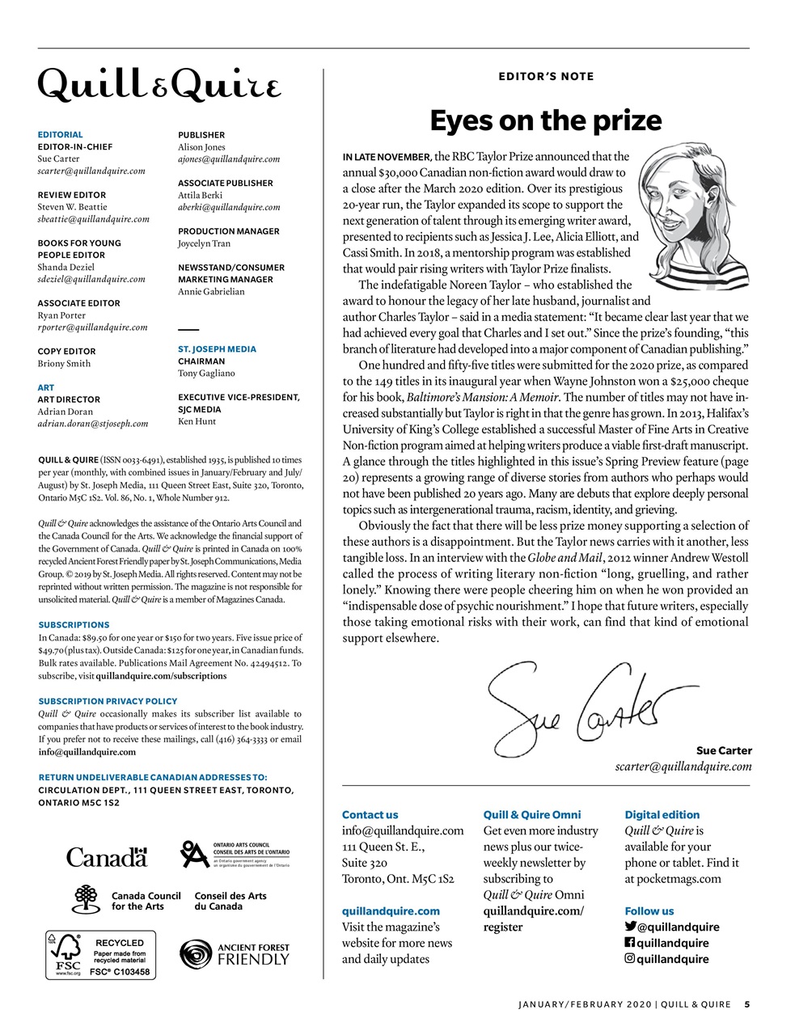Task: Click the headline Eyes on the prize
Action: pyautogui.click(x=546, y=120)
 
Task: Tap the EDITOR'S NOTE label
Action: pyautogui.click(x=546, y=77)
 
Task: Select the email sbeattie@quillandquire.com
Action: pyautogui.click(x=93, y=219)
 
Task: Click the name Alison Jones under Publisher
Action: pyautogui.click(x=201, y=147)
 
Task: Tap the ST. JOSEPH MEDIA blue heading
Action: pyautogui.click(x=217, y=349)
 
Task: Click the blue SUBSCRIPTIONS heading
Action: pyautogui.click(x=74, y=625)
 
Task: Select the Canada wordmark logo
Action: pyautogui.click(x=107, y=857)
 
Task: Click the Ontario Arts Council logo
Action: pyautogui.click(x=235, y=854)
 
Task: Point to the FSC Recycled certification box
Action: pyautogui.click(x=100, y=955)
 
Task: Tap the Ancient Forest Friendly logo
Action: pyautogui.click(x=235, y=954)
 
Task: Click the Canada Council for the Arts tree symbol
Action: pyautogui.click(x=87, y=899)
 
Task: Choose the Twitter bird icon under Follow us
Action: pyautogui.click(x=630, y=927)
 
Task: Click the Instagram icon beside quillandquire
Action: pyautogui.click(x=630, y=959)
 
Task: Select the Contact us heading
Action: pyautogui.click(x=370, y=815)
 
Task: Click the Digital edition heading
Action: pyautogui.click(x=662, y=815)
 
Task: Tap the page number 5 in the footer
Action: pyautogui.click(x=746, y=1005)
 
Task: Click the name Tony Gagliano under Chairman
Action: pyautogui.click(x=206, y=374)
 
